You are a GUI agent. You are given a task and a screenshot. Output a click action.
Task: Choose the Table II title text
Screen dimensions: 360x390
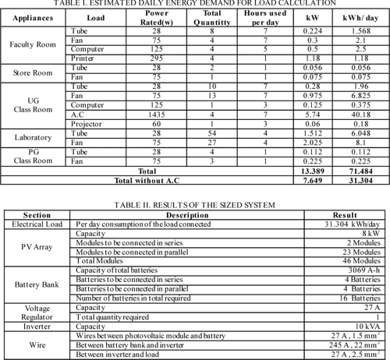(x=194, y=204)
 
